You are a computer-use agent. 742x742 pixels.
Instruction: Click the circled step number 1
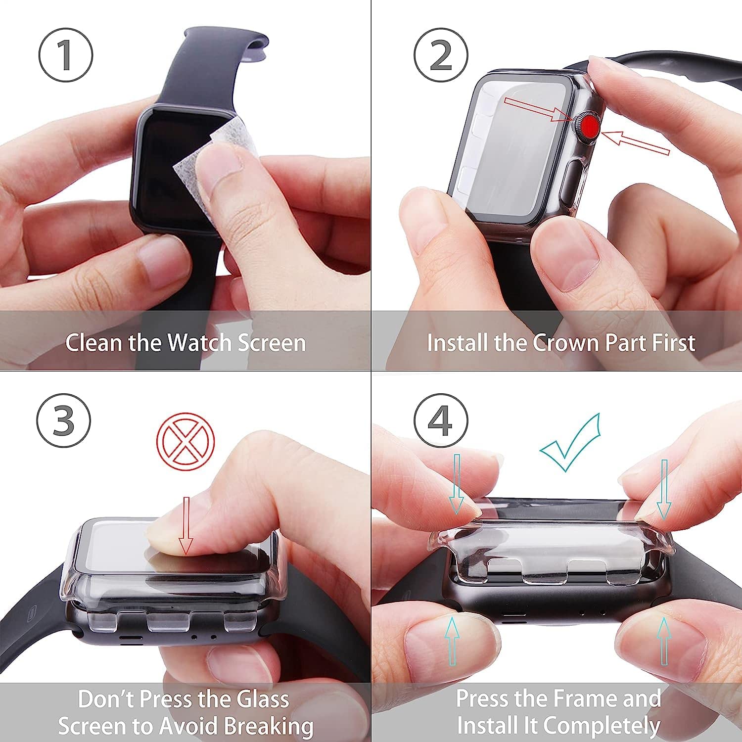66,55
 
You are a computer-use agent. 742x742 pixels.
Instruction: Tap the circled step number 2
441,55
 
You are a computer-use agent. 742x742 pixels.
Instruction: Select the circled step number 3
64,420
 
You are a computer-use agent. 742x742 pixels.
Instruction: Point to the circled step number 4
441,420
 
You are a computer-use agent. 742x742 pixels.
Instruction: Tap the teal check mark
570,443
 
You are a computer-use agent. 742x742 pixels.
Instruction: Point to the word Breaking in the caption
269,726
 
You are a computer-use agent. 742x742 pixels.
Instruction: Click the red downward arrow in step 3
186,525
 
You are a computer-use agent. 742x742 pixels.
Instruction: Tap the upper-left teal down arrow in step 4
457,484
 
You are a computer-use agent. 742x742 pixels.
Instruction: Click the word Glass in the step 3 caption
262,699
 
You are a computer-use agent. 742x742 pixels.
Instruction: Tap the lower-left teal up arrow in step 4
451,641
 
